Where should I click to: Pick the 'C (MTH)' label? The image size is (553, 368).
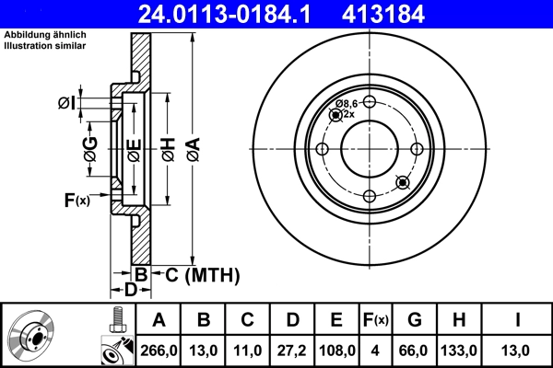pos(203,274)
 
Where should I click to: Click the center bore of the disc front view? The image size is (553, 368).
pos(369,148)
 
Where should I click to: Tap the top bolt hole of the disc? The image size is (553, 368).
pos(369,102)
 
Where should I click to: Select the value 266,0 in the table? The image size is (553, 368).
pos(158,351)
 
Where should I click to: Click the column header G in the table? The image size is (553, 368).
pos(415,320)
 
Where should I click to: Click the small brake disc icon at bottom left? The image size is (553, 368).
pos(31,337)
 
